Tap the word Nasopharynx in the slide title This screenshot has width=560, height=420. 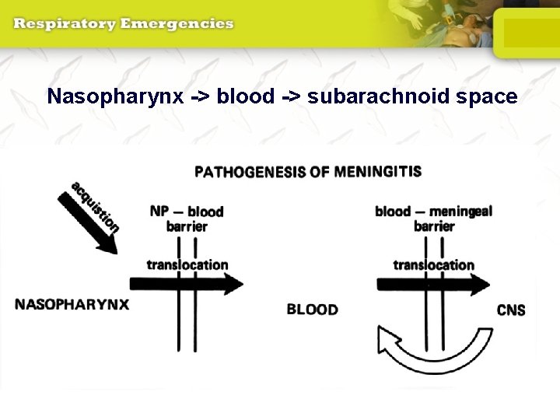(x=114, y=96)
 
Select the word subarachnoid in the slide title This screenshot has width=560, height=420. (x=376, y=96)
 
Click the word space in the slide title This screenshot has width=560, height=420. (x=483, y=96)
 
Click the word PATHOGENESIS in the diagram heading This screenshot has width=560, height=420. (x=250, y=171)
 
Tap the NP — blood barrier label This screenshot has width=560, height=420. (x=187, y=219)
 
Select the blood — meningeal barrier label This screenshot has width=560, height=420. (x=433, y=219)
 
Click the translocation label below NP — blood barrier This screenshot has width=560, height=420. (x=187, y=264)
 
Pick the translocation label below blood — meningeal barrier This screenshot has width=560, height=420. (x=433, y=264)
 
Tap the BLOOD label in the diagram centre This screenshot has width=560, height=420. (x=312, y=310)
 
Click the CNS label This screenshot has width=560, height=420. (x=511, y=310)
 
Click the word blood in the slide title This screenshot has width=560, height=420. (x=246, y=96)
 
